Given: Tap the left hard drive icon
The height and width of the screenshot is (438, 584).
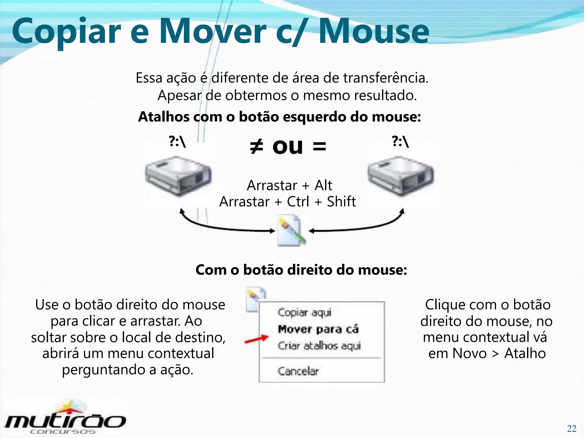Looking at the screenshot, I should (x=178, y=175).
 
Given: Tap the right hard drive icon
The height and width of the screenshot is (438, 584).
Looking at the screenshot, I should (x=401, y=175).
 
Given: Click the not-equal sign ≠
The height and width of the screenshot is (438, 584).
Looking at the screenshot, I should (x=256, y=147).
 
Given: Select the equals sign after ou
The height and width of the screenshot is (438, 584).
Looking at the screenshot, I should (x=319, y=147).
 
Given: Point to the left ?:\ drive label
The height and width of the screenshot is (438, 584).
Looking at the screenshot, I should (x=177, y=142).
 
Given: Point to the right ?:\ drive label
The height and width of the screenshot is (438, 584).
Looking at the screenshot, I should (x=400, y=142).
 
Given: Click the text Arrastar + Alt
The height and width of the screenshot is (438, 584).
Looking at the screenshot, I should (x=289, y=185).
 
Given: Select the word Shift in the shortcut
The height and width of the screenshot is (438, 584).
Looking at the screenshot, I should (x=341, y=202).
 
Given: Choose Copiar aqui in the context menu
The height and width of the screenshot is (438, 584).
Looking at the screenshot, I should (x=305, y=313).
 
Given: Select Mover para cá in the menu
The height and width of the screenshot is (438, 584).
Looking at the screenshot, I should (x=318, y=329).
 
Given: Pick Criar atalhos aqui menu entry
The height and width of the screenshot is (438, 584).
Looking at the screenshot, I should (x=319, y=346).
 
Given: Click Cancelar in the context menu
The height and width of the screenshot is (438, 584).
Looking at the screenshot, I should (x=298, y=371).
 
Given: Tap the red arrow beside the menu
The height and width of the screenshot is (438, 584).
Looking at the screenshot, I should (x=257, y=339).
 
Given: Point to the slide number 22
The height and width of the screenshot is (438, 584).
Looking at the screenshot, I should (x=571, y=429).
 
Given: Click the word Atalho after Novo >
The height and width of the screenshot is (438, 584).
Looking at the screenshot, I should (x=525, y=354).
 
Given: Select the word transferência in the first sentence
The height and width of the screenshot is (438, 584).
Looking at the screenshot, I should (x=386, y=78).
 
